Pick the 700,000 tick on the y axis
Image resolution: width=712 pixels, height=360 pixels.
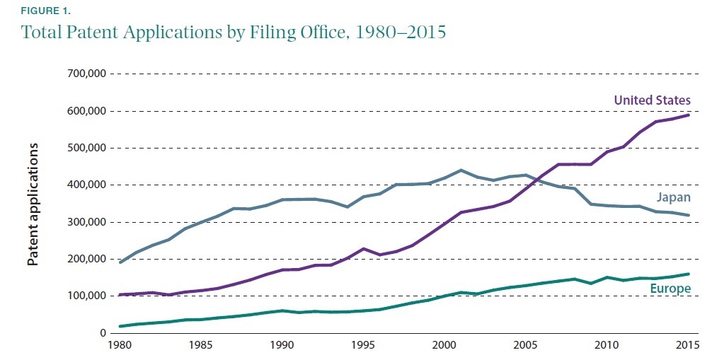pos(86,74)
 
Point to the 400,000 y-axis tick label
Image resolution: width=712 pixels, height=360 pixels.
pos(86,185)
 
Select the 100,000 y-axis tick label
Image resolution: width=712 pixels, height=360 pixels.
pos(86,296)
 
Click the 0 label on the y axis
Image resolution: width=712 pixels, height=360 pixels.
pos(103,333)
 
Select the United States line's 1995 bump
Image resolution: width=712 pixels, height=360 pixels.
pos(364,249)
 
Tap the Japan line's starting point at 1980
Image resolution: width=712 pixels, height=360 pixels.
pos(120,262)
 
